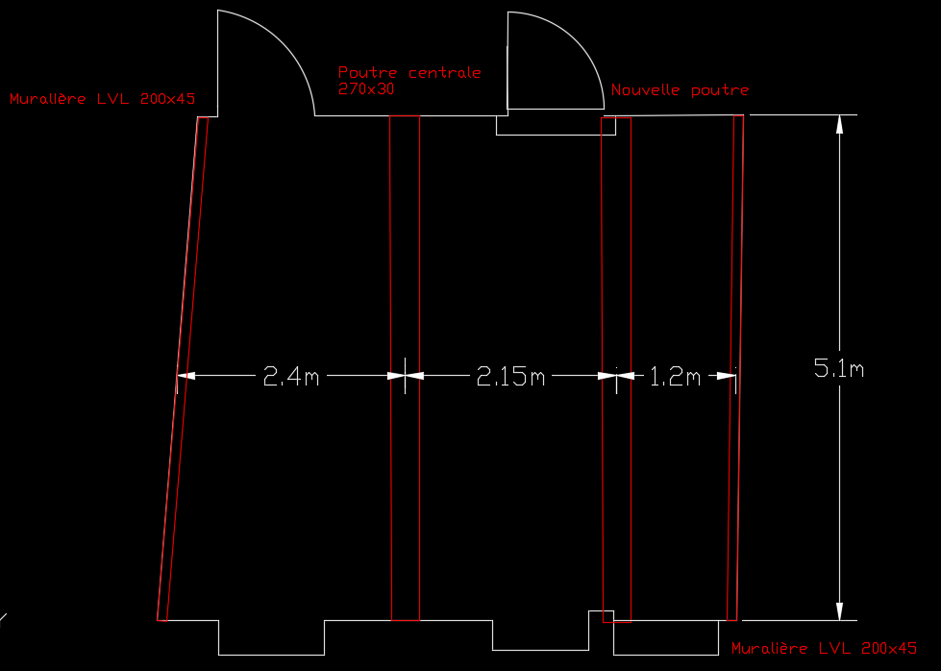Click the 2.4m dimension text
(291, 377)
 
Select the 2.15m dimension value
(510, 377)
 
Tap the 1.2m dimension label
(676, 377)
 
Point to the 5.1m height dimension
(838, 367)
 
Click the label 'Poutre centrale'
(409, 72)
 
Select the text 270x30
(367, 88)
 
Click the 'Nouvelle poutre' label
(680, 90)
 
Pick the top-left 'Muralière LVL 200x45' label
(103, 98)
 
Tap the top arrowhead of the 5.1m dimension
(839, 124)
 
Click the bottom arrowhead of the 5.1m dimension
(839, 612)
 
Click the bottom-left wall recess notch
(271, 637)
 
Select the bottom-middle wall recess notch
(540, 634)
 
